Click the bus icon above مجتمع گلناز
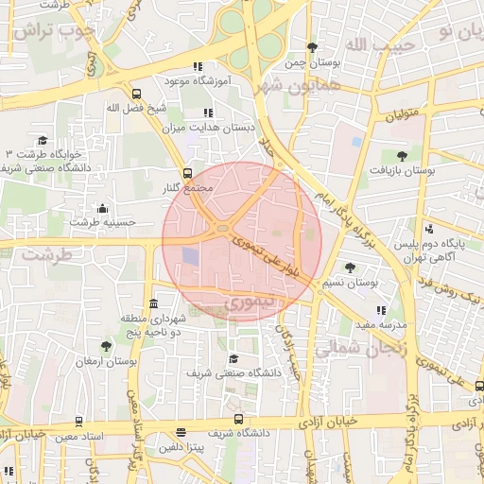(187, 173)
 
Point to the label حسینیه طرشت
(103, 222)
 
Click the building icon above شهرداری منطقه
(153, 303)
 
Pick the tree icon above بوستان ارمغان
(106, 346)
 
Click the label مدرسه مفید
(380, 324)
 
